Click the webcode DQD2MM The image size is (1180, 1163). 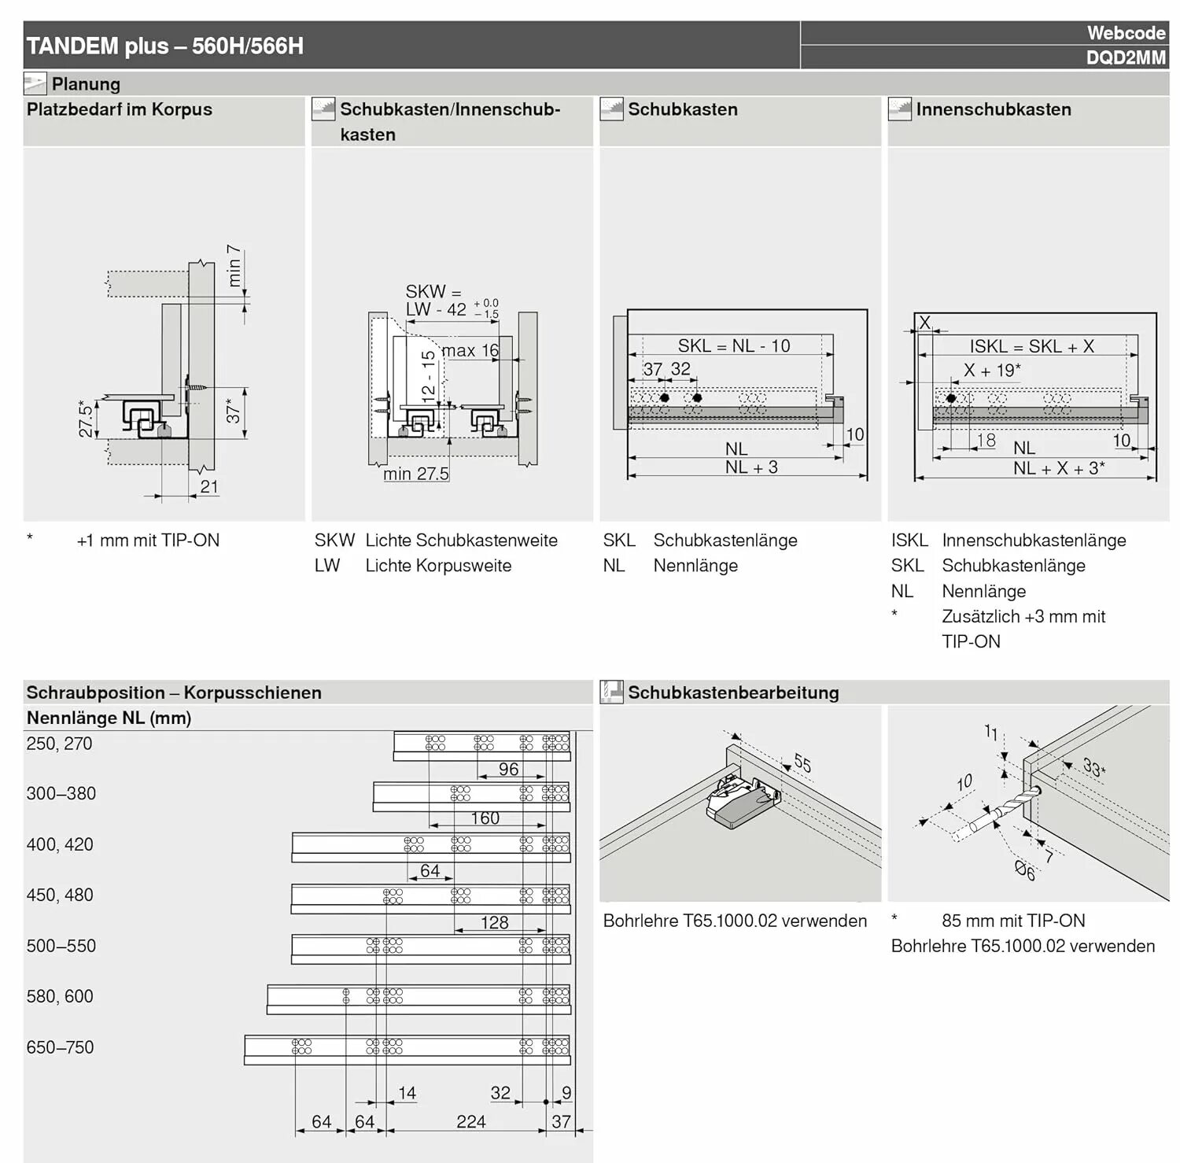(x=1125, y=57)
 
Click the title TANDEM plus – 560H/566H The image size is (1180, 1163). (x=165, y=46)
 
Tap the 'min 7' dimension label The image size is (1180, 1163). (x=234, y=265)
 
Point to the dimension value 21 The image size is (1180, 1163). (x=208, y=486)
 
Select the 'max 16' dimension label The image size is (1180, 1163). (x=470, y=350)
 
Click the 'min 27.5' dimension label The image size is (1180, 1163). (x=415, y=474)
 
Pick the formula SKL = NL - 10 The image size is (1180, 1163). (x=733, y=345)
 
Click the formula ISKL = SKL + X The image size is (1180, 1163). (x=1031, y=346)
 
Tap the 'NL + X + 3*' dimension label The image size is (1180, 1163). (x=1058, y=468)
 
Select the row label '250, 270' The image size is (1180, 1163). (x=59, y=744)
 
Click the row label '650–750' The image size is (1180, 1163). (x=60, y=1047)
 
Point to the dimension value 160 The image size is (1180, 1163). (x=485, y=818)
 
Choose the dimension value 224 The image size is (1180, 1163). (x=470, y=1121)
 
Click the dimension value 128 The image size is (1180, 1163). (x=494, y=922)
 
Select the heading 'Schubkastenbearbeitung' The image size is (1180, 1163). (x=732, y=692)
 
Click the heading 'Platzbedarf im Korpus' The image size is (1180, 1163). (x=120, y=109)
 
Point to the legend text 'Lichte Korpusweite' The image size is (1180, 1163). (x=438, y=566)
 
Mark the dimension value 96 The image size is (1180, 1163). (x=508, y=769)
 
